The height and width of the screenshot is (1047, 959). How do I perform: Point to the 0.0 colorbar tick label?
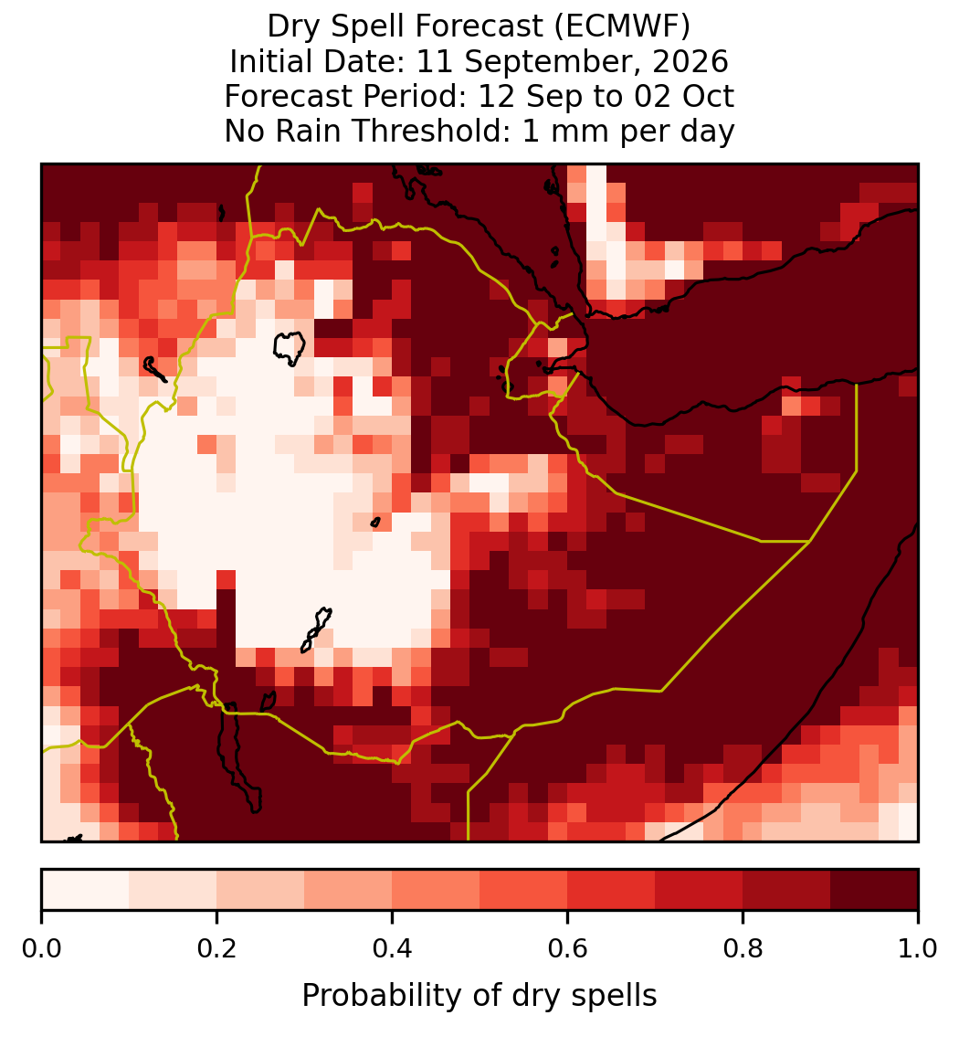[x=41, y=949]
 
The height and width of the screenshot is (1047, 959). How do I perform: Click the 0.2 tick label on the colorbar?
[x=216, y=949]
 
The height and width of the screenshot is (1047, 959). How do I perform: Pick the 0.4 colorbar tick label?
[x=393, y=949]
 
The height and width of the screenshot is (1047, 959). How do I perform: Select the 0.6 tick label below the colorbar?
[x=568, y=949]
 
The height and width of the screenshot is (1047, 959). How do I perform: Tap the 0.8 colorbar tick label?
[x=743, y=949]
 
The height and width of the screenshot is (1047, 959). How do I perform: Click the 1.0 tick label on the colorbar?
[x=918, y=949]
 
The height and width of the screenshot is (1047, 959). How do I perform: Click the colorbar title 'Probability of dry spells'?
[x=479, y=996]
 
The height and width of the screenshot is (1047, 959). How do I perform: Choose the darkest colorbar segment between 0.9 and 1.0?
[x=874, y=890]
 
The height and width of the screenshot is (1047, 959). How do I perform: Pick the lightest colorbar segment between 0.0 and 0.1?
[x=86, y=890]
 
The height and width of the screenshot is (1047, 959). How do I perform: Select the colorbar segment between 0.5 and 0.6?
[x=524, y=890]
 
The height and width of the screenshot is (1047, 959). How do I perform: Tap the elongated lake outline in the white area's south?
[x=316, y=629]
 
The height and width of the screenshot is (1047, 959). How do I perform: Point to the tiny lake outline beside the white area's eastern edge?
[x=375, y=523]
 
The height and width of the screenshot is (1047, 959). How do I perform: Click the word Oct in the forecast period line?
[x=708, y=96]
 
